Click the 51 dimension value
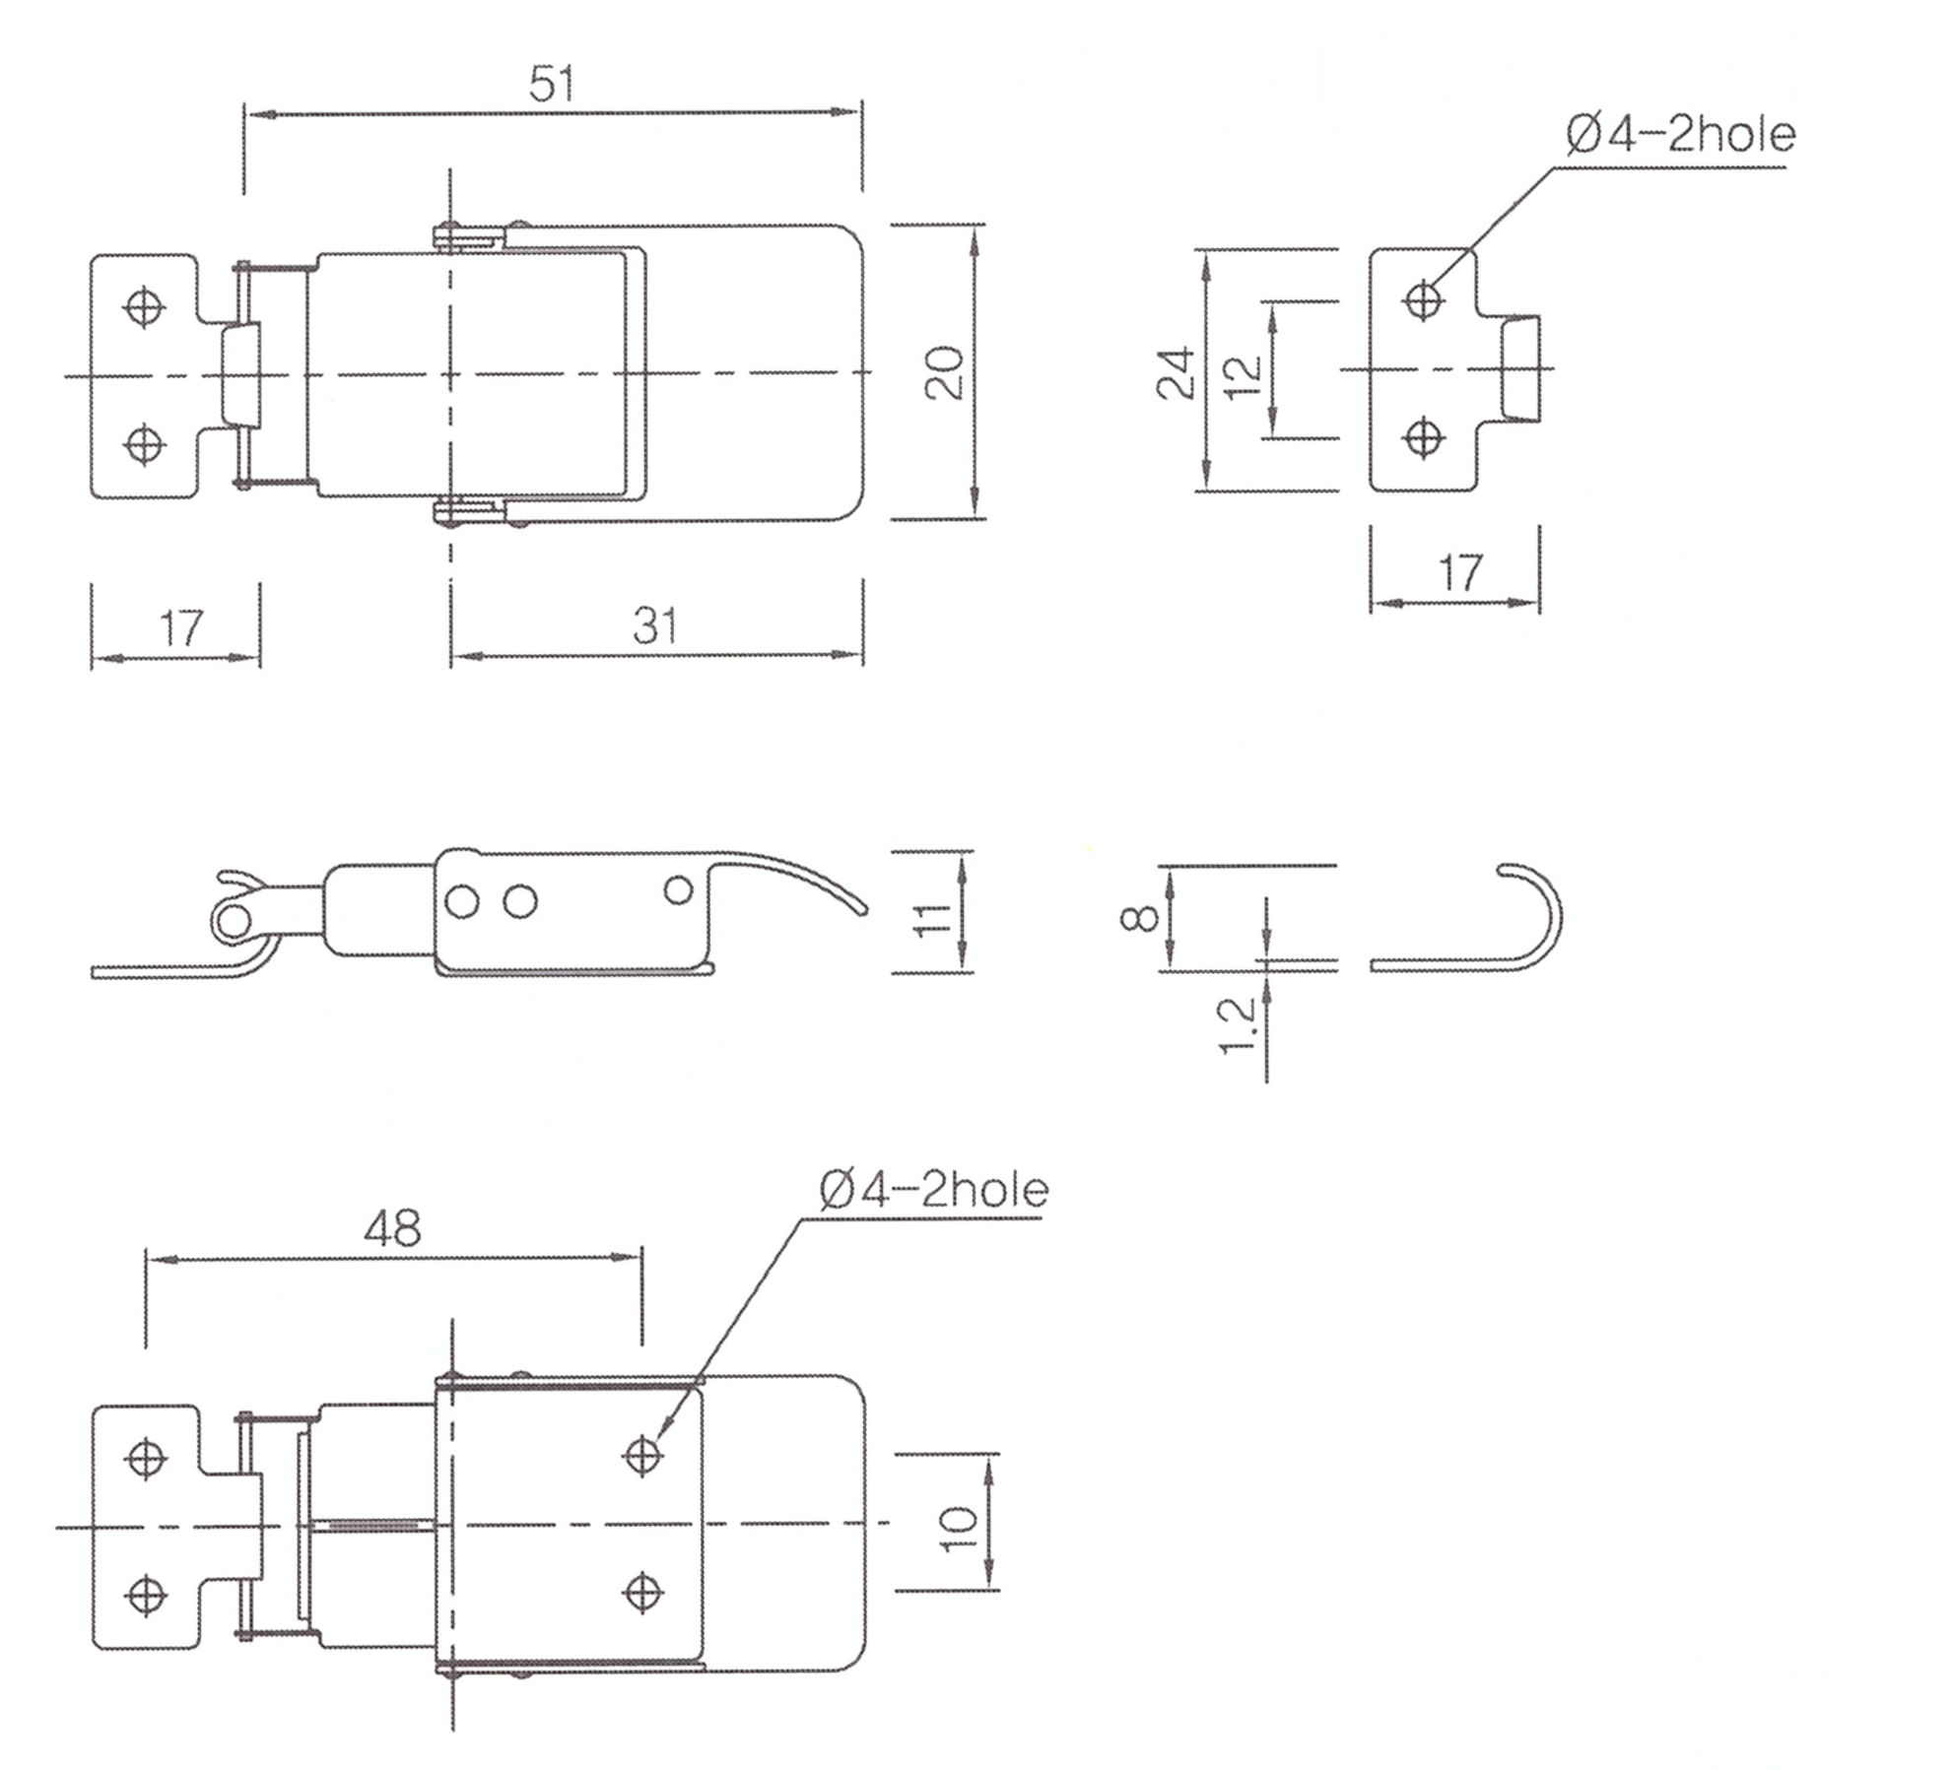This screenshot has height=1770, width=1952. pyautogui.click(x=552, y=84)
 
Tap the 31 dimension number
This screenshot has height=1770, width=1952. pyautogui.click(x=655, y=625)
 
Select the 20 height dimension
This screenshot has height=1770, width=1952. pyautogui.click(x=945, y=372)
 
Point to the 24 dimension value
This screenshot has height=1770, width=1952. pyautogui.click(x=1177, y=372)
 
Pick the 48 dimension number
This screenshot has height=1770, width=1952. pyautogui.click(x=392, y=1228)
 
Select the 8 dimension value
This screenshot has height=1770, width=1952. pyautogui.click(x=1140, y=918)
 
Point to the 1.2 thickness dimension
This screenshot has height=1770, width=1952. pyautogui.click(x=1238, y=1024)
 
